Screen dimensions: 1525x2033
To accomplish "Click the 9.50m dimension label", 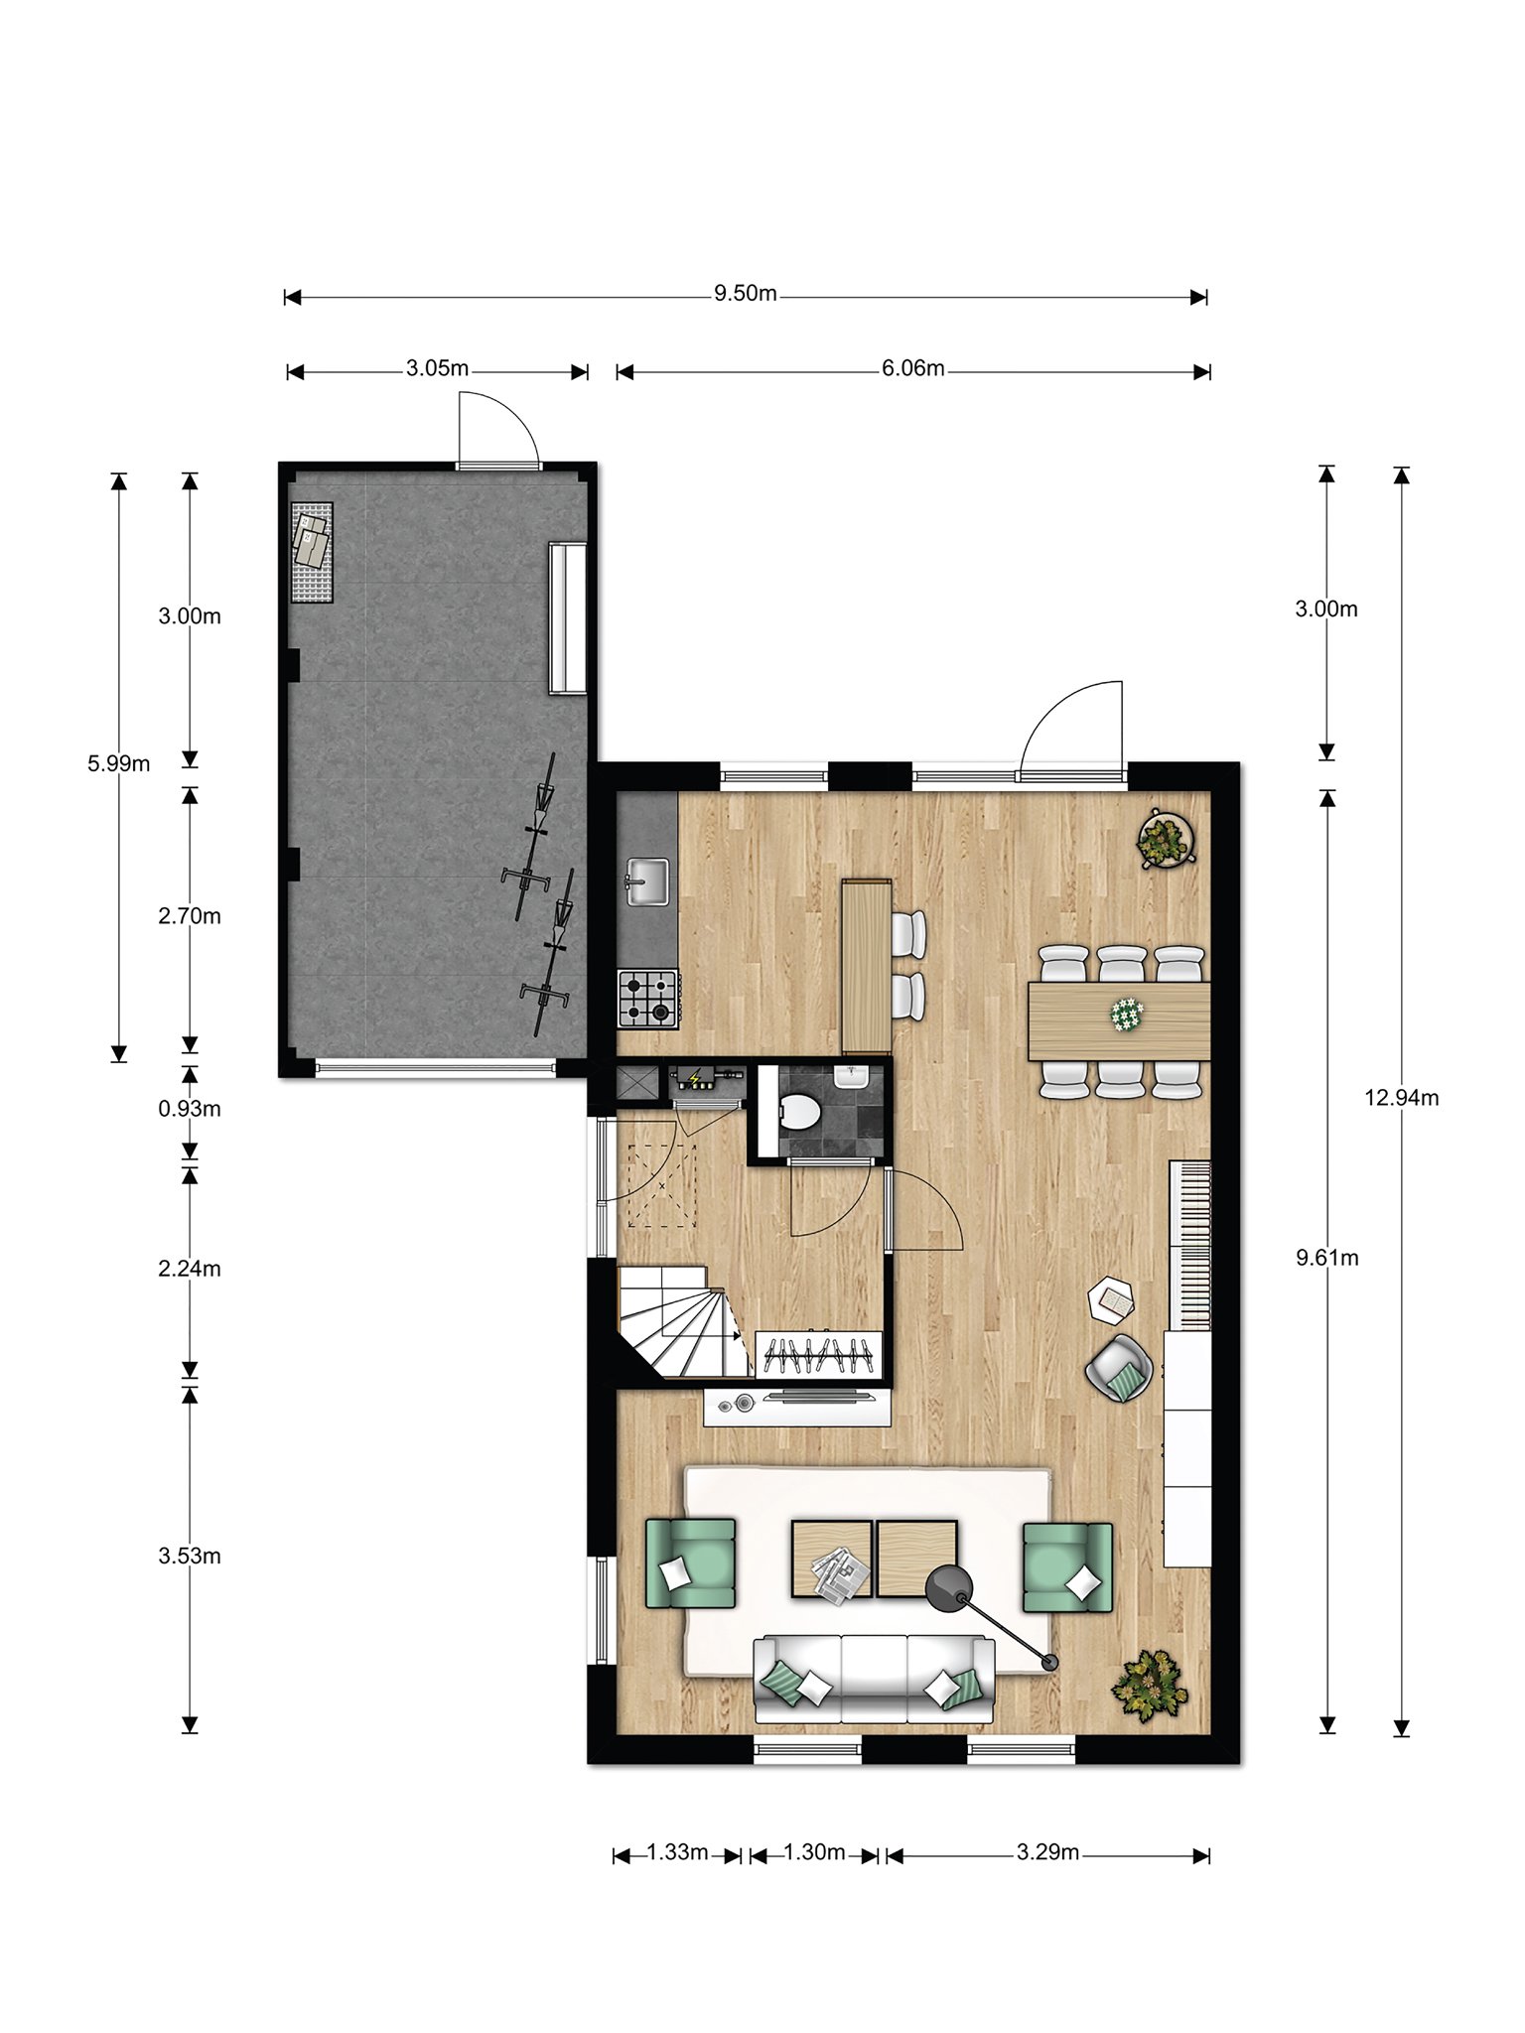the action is click(745, 294).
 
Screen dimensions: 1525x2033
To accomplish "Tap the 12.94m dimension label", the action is click(1401, 1097).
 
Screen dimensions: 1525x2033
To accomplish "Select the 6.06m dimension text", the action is click(912, 368).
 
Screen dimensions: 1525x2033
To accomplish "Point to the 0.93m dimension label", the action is click(189, 1109).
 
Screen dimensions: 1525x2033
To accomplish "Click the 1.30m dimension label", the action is click(814, 1851).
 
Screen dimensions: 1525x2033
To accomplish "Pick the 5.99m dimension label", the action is click(118, 763).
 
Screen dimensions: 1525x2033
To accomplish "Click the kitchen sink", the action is click(647, 881).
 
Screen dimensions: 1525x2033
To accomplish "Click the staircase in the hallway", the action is click(683, 1320).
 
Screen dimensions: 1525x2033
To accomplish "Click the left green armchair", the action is click(691, 1562).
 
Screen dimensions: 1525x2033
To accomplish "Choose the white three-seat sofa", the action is click(874, 1680).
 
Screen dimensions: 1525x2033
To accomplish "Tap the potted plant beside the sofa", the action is click(1151, 1681).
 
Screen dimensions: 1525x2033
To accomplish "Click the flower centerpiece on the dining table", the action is click(1127, 1015).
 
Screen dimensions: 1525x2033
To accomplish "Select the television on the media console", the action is click(818, 1398).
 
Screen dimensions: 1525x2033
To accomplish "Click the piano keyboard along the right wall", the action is click(1191, 1244).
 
